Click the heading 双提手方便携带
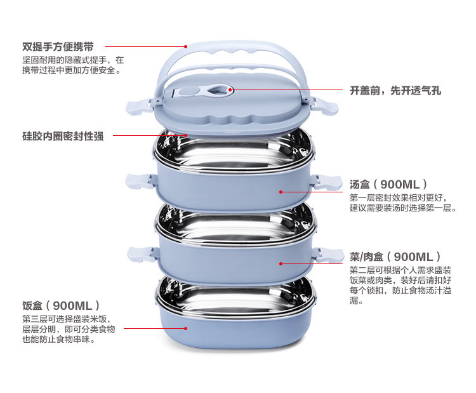[58, 46]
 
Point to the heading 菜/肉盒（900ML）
[395, 256]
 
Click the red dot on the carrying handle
[186, 46]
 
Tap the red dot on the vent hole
[230, 90]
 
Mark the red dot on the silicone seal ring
[187, 135]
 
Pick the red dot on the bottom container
[186, 328]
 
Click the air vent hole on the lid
[220, 90]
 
